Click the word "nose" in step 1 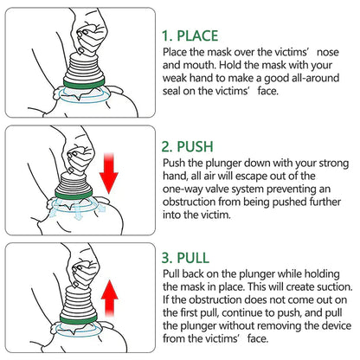click(x=335, y=54)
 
